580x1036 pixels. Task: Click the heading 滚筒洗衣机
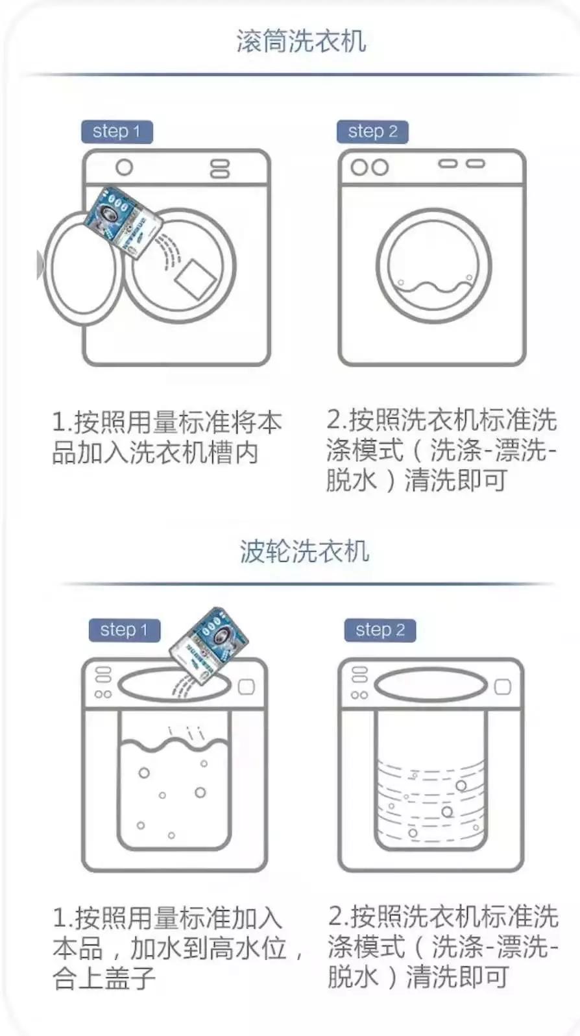pos(301,41)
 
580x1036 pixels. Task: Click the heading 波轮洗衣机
pos(304,551)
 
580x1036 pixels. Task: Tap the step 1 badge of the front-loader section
pos(116,131)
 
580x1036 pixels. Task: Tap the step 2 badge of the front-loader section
pos(372,131)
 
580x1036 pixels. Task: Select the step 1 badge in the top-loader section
pos(124,630)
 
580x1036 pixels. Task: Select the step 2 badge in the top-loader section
pos(380,630)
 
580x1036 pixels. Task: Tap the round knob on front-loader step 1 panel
pos(124,167)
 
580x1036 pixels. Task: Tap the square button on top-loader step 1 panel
pos(247,687)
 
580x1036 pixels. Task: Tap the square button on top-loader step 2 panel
pos(503,687)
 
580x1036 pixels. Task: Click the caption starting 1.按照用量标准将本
pos(166,437)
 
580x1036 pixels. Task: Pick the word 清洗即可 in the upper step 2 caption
pos(455,481)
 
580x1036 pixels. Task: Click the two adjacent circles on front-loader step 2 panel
pos(370,167)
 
